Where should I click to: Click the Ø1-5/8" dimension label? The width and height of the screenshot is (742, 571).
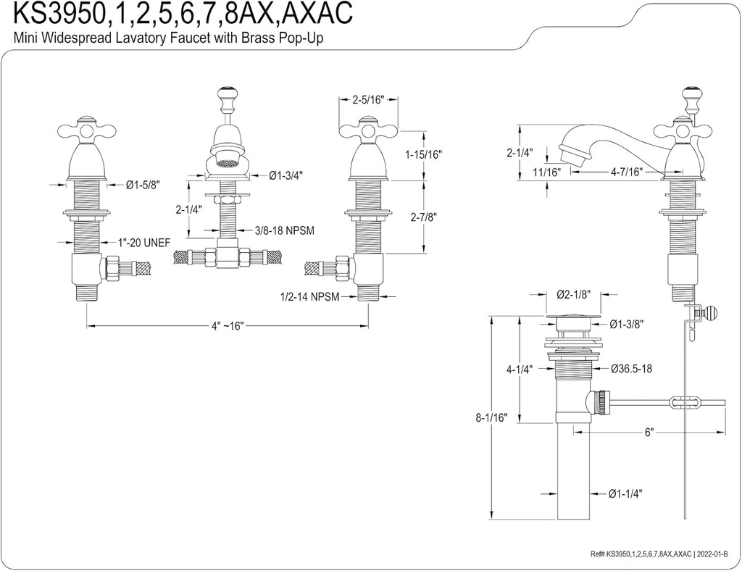point(142,186)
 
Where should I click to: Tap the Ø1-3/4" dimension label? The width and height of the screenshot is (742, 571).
point(285,175)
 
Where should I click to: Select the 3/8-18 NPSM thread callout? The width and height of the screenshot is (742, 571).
point(284,230)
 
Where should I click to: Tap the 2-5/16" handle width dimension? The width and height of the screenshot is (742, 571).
point(367,101)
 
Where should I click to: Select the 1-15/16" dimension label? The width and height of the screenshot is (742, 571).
point(423,154)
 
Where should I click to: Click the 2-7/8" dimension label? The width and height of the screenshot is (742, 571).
point(423,216)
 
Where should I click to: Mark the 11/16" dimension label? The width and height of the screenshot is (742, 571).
point(547,172)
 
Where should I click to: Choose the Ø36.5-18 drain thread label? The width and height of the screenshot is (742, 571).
point(633,368)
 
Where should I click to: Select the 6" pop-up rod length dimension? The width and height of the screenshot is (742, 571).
point(649,432)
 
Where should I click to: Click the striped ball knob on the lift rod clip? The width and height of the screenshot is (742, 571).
point(713,313)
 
